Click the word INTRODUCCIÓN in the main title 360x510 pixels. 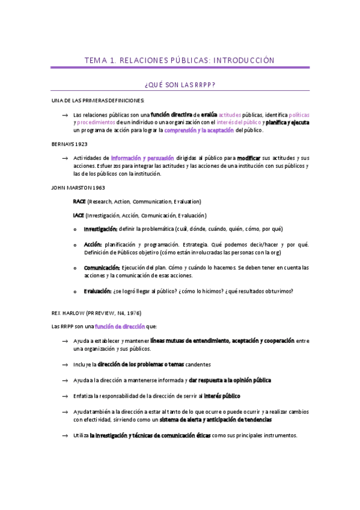tap(245, 60)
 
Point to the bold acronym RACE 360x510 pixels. tap(79, 201)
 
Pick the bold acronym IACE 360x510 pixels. tap(78, 215)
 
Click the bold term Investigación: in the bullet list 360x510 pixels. tap(100, 229)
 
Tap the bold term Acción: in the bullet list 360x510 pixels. tap(93, 245)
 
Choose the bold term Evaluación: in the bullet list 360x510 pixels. tap(98, 291)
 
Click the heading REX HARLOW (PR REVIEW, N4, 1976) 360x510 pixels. tap(97, 313)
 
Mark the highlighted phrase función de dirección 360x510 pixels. tap(120, 326)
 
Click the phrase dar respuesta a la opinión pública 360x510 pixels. tap(230, 381)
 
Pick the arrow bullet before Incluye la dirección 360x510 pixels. tap(64, 365)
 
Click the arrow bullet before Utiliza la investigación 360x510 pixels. tap(64, 436)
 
